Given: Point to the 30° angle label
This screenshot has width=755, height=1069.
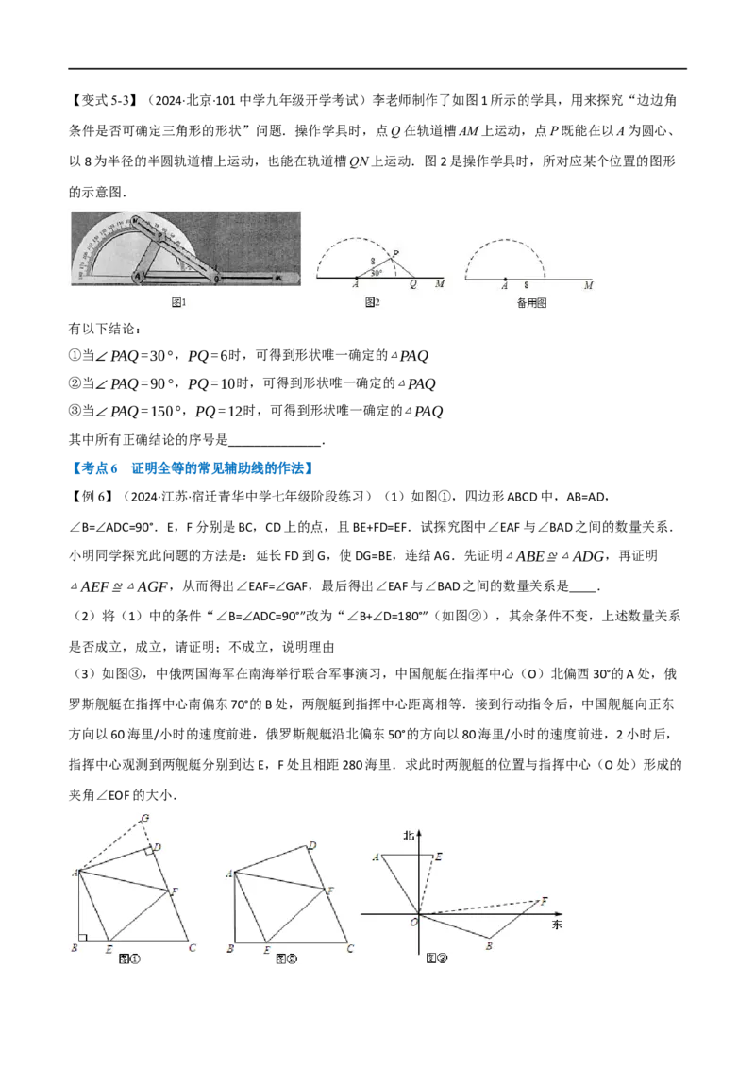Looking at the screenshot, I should pos(377,273).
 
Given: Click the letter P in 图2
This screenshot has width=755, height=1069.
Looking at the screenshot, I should pos(396,252).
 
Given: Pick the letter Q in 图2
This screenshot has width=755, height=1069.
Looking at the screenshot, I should pos(413,285).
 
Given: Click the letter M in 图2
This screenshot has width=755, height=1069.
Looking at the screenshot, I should pos(440,285).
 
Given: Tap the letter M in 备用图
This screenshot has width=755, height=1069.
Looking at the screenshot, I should pos(589,285).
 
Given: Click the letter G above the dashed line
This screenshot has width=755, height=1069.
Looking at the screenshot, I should pos(144,817).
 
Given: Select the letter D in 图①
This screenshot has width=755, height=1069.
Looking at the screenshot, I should pos(158,847).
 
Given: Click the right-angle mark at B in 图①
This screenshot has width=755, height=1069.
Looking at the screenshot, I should pos(84,937).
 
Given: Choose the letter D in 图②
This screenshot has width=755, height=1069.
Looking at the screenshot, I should pos(311,845).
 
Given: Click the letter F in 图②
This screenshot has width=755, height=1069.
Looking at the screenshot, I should pos(329,890).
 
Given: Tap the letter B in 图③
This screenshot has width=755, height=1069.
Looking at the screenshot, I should pos(489,944).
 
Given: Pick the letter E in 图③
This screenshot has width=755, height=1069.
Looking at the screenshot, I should pos(440,857).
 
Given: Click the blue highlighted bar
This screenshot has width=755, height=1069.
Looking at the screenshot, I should pos(193,468).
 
